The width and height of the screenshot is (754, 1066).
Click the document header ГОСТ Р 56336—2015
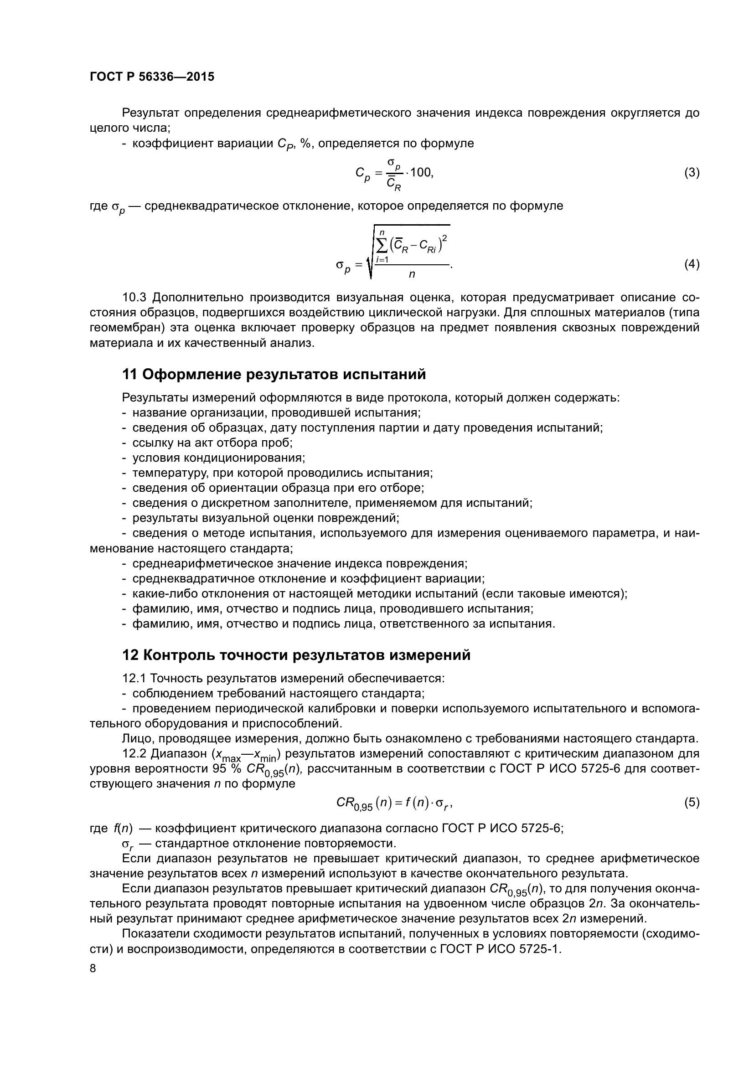point(152,77)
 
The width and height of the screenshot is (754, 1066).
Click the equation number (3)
point(692,173)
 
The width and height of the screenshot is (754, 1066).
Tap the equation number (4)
point(692,264)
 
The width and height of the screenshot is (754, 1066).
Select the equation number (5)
point(692,802)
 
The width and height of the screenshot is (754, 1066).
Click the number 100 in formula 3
point(421,173)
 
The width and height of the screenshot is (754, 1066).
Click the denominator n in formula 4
point(411,274)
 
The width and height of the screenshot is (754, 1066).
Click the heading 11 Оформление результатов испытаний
point(274,374)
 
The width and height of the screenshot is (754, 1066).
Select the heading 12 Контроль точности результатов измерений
point(296,655)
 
